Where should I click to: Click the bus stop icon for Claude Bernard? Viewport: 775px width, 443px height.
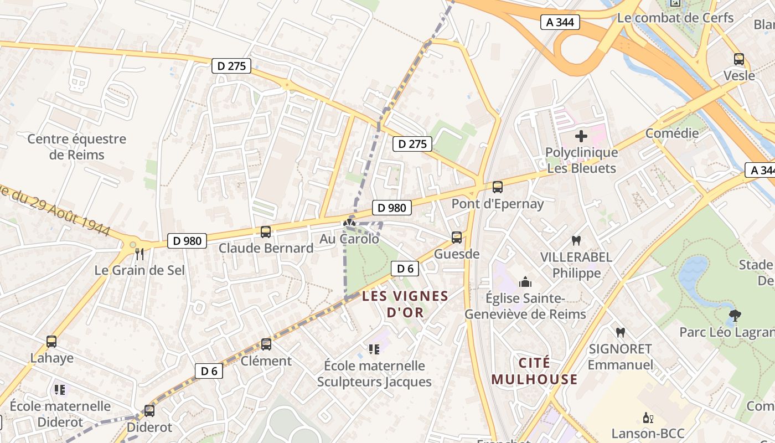click(266, 232)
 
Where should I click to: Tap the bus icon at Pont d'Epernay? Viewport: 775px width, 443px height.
click(498, 187)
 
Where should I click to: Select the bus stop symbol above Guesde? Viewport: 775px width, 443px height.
click(457, 238)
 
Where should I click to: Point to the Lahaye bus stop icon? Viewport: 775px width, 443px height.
click(51, 342)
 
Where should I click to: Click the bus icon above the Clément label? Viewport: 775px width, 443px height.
click(266, 344)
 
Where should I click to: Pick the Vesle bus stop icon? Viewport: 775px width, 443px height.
click(739, 59)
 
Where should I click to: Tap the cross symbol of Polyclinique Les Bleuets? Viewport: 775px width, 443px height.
click(581, 136)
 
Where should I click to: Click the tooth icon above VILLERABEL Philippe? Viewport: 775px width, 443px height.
click(576, 241)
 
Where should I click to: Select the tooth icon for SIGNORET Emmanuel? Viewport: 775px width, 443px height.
click(621, 332)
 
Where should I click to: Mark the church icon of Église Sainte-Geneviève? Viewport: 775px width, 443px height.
click(525, 282)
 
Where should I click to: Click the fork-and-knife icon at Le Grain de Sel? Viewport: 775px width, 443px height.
click(139, 254)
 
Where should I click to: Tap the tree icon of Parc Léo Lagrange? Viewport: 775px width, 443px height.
click(735, 316)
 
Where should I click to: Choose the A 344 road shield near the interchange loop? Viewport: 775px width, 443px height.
click(560, 22)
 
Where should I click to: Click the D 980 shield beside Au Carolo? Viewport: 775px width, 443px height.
click(392, 208)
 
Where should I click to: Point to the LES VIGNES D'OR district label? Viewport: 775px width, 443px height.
click(405, 304)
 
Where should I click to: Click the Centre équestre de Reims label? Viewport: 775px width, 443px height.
click(77, 146)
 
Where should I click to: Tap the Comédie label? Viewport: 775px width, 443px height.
click(672, 133)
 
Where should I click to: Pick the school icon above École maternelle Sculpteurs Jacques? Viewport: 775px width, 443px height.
click(374, 349)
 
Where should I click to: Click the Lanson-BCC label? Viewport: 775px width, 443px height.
click(648, 433)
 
